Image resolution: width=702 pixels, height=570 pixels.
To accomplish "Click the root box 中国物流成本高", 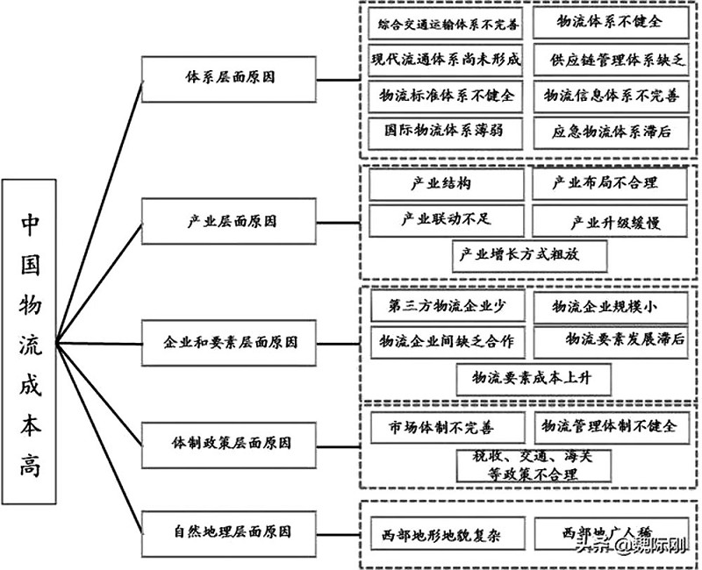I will [x=29, y=341].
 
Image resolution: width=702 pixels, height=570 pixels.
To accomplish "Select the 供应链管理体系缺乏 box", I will [x=606, y=60].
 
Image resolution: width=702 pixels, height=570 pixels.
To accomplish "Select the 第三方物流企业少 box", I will [x=446, y=307].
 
